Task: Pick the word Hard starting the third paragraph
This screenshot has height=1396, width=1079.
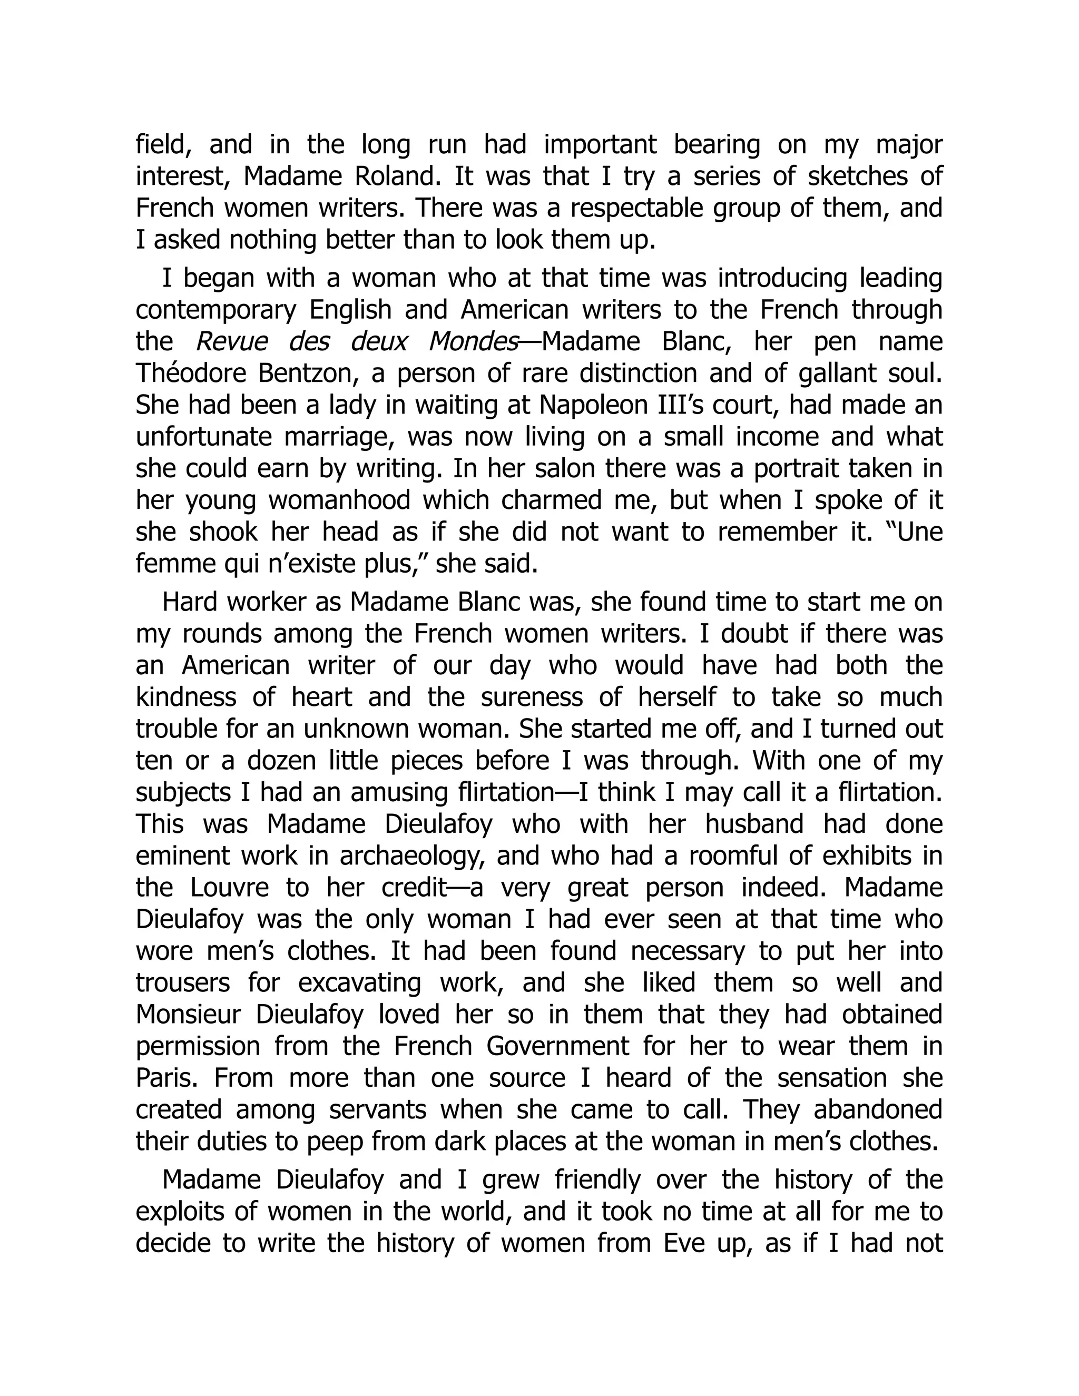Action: click(187, 602)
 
